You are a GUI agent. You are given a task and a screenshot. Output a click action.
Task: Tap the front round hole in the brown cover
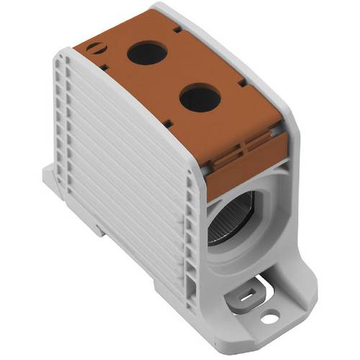tap(197, 98)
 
